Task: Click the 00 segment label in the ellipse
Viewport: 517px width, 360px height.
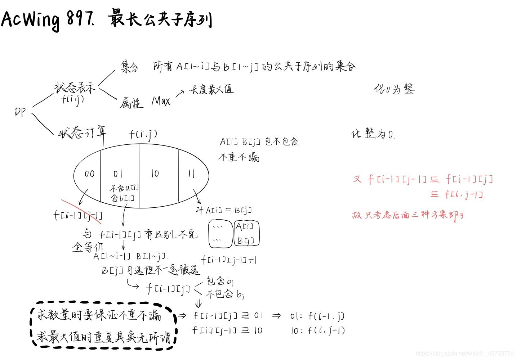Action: (89, 174)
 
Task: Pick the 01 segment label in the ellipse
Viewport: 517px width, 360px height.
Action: (118, 174)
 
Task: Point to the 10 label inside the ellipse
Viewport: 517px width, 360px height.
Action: (155, 174)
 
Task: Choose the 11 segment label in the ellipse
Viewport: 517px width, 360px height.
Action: (191, 174)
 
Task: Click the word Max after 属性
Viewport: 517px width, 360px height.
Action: (161, 101)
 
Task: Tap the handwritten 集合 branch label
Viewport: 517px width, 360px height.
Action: (129, 67)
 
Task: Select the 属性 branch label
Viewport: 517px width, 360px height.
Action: (131, 103)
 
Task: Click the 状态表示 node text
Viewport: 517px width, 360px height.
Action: (75, 87)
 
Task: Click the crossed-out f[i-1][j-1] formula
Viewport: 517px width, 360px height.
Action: (78, 215)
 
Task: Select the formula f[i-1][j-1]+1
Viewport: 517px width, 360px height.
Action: (229, 260)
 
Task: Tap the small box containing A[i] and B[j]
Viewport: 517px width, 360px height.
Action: (246, 233)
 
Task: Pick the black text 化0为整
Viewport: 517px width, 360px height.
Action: (394, 89)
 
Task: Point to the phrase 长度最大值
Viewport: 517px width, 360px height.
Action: (211, 89)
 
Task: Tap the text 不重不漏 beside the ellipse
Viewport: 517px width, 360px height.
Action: (239, 157)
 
